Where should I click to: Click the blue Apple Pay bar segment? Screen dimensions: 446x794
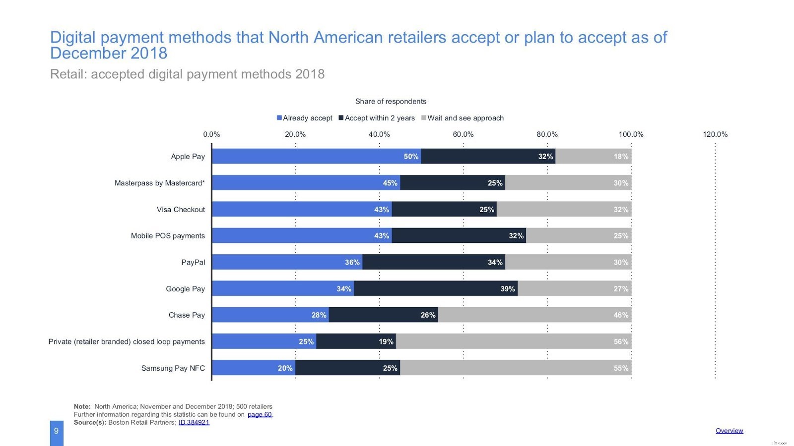coord(316,156)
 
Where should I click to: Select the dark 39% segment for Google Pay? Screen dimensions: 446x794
coord(435,288)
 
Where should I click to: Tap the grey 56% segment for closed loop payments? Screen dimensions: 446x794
coord(513,341)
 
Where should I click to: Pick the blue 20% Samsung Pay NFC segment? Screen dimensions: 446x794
coord(253,368)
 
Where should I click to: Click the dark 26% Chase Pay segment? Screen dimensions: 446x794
coord(383,315)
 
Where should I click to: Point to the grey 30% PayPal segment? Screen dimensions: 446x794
coord(568,262)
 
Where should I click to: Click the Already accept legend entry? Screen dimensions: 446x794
coord(305,118)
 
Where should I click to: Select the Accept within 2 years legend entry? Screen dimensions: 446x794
coord(377,118)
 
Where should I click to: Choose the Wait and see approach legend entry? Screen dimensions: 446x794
coord(463,118)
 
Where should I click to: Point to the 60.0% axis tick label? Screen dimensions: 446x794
coord(463,134)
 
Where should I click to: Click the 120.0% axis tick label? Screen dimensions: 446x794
coord(715,134)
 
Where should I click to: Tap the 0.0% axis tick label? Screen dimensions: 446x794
coord(211,134)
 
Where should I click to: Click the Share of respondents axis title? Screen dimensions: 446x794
coord(391,101)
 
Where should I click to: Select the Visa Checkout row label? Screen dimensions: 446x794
coord(181,210)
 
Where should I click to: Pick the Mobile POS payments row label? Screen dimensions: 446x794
coord(168,236)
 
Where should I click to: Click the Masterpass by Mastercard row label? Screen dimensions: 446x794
coord(159,183)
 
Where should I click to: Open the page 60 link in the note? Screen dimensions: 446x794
coord(260,415)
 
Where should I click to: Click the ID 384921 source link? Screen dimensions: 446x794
coord(194,423)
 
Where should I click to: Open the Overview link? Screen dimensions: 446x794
coord(729,431)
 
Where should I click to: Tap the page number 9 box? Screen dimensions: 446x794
coord(57,431)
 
